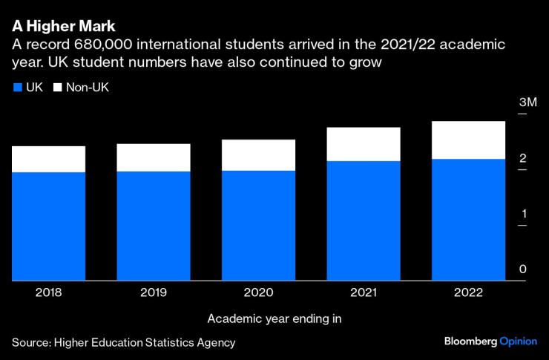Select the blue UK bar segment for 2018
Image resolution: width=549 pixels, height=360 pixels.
(48, 226)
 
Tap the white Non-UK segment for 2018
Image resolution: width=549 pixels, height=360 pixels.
(48, 159)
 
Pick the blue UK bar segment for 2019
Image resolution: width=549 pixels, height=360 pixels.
(154, 226)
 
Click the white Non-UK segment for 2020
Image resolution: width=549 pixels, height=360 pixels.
(258, 155)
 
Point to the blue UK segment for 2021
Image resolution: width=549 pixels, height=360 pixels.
(364, 220)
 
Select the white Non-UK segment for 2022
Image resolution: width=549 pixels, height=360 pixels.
(468, 140)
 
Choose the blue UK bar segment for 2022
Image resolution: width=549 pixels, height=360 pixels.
(468, 220)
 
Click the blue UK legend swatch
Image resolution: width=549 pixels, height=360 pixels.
(17, 88)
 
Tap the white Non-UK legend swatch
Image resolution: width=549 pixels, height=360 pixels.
(57, 88)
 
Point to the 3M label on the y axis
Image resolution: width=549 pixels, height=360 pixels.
(527, 102)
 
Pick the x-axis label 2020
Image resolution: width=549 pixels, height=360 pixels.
(258, 293)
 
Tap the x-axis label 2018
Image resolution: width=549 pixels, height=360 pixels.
(48, 293)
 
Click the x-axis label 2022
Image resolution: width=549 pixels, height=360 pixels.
(468, 293)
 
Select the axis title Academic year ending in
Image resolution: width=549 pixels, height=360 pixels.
(274, 318)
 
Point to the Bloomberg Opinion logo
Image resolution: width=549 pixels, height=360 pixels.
(490, 341)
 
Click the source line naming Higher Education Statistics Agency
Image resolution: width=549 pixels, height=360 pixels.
(123, 342)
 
